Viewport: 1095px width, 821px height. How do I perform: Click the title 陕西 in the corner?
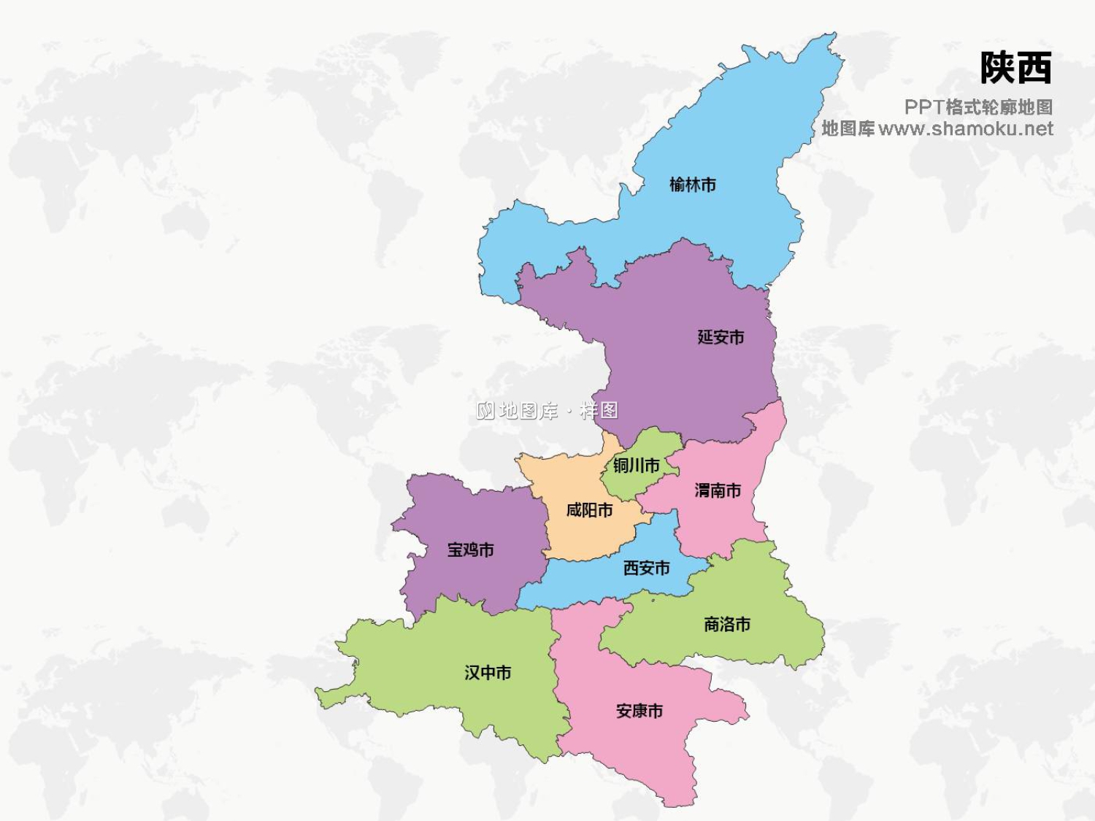[x=1015, y=68]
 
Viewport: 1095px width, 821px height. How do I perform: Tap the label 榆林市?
[x=692, y=185]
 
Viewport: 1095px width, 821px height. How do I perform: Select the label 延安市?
[x=721, y=337]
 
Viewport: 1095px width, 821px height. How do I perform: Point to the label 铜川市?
[x=636, y=466]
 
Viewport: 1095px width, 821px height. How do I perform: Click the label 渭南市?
[x=718, y=490]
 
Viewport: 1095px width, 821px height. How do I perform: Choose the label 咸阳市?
[x=589, y=510]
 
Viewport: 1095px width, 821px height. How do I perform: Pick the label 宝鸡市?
[x=470, y=550]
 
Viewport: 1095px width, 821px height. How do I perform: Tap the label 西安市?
[x=646, y=568]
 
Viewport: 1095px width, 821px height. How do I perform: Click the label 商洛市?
[x=726, y=625]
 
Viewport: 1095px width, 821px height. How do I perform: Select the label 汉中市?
[x=488, y=672]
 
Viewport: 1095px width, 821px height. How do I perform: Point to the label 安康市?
[x=639, y=711]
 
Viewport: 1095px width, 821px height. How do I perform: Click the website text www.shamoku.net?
[x=966, y=129]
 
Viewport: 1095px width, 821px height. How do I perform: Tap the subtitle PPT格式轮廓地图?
[x=978, y=107]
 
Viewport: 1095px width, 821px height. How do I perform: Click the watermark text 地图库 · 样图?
[x=547, y=411]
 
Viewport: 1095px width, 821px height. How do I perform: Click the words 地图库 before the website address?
[x=848, y=129]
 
